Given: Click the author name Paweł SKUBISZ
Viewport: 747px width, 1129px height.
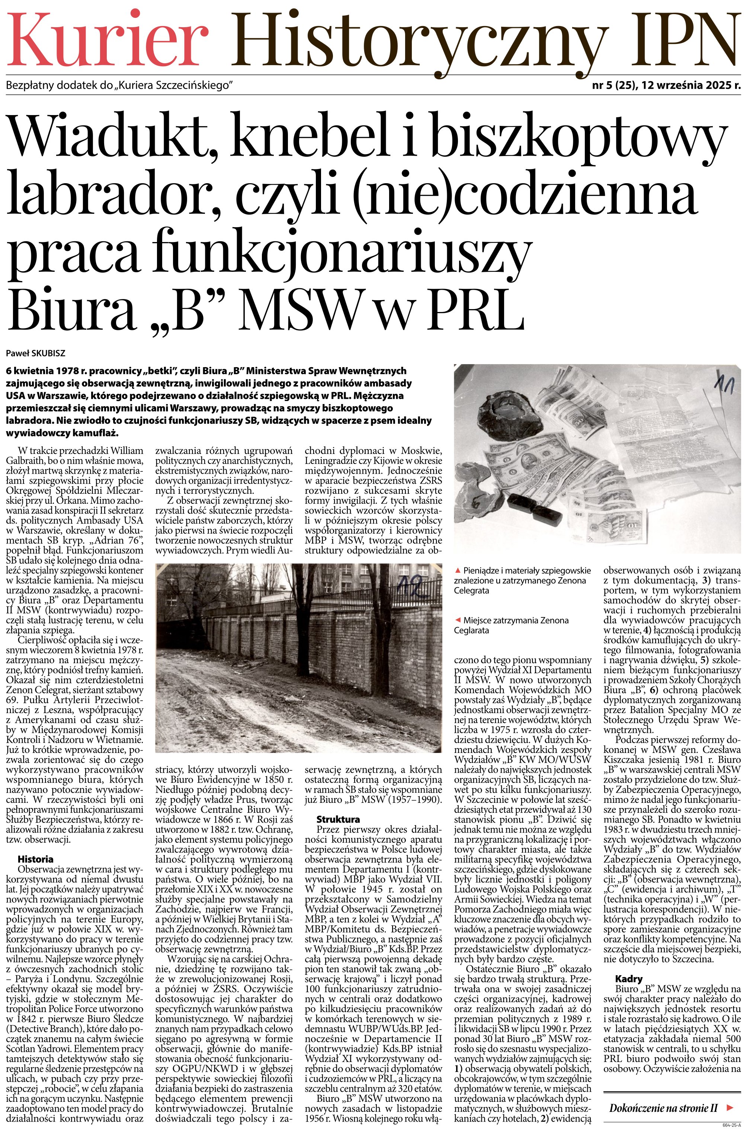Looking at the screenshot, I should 36,353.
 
